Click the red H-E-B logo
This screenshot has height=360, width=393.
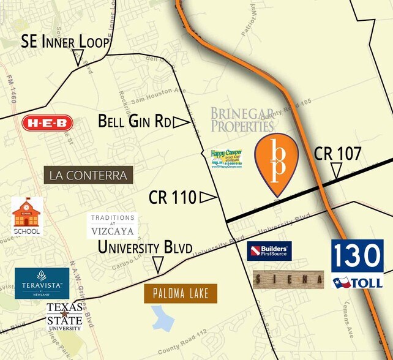tap(47, 123)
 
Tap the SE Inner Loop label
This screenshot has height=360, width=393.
tap(65, 42)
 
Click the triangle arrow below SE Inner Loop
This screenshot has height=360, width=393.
tap(78, 59)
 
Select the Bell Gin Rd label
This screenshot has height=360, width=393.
tap(134, 121)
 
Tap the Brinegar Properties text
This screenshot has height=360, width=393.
tap(242, 119)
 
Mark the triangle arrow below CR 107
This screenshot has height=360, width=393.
tap(336, 171)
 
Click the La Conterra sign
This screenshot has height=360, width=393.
tap(89, 176)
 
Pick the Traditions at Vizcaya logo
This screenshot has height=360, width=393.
tap(113, 225)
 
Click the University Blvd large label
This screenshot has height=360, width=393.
tap(146, 247)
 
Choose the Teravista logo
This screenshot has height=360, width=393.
tap(42, 283)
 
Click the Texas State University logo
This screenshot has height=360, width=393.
tap(64, 316)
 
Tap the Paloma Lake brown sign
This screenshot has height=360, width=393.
tap(181, 294)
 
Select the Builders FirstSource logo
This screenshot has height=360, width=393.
tap(269, 250)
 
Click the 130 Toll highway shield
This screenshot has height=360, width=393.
tap(357, 264)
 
